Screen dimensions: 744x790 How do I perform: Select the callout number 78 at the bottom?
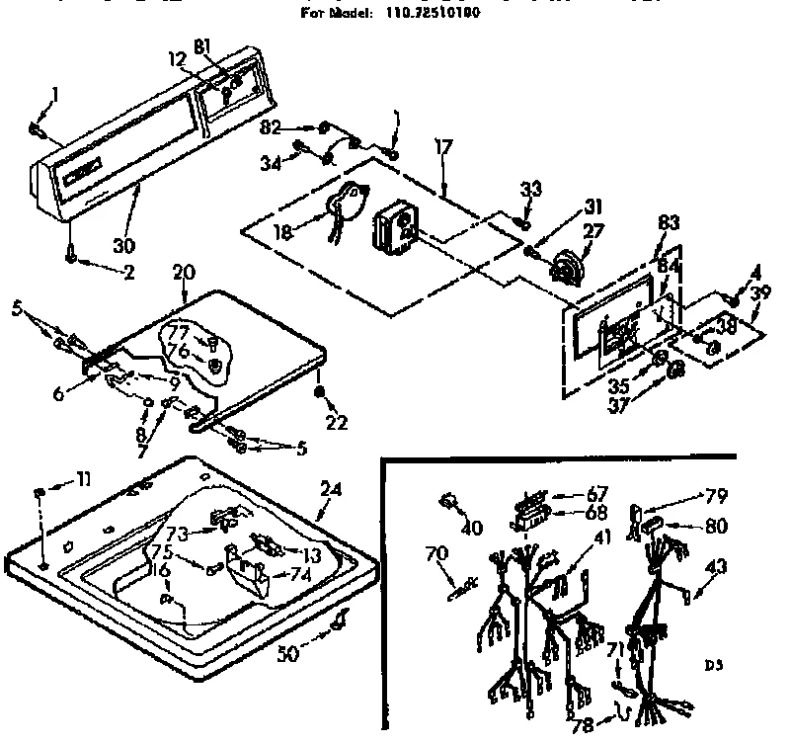(586, 726)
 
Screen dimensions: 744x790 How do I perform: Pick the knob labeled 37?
(676, 372)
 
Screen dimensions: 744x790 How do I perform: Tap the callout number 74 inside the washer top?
(298, 574)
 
